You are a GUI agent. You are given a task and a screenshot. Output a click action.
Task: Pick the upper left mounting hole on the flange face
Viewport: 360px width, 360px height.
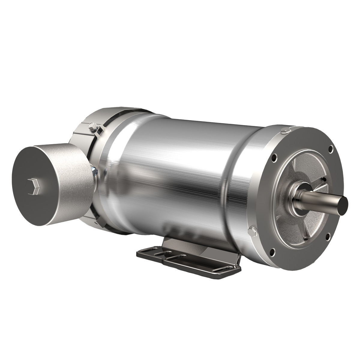[x=274, y=156]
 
